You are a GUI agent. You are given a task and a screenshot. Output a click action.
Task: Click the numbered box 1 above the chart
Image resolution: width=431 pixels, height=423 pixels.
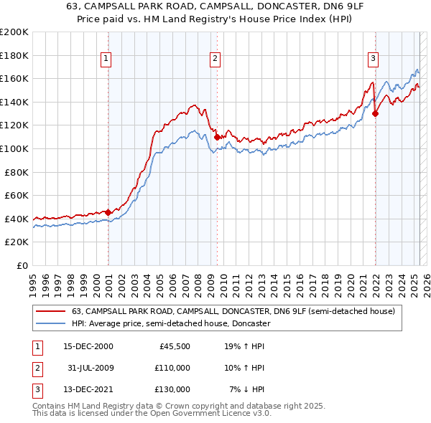(106, 59)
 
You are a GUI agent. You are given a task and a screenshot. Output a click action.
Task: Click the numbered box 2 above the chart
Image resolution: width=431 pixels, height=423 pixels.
(215, 59)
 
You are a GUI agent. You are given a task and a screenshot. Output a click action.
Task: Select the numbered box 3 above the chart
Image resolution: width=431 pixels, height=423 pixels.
(374, 59)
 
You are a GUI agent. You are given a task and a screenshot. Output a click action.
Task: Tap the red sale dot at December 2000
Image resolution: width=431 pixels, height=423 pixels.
(108, 212)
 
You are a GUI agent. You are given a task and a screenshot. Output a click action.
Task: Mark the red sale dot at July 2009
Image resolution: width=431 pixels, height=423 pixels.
(217, 136)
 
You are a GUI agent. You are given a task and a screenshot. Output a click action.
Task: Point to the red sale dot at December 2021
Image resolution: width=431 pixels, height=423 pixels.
(375, 113)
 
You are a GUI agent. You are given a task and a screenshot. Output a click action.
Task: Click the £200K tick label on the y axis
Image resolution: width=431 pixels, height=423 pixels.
(14, 32)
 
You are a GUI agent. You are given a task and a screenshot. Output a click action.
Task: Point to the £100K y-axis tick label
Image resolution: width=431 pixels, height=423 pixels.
(14, 148)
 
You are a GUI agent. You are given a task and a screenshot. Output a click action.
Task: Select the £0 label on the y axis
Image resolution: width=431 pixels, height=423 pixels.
(22, 265)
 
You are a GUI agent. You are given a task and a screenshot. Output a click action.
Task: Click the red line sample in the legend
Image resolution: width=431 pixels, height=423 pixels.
(50, 312)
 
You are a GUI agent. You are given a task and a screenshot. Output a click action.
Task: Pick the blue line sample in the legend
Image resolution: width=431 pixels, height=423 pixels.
(50, 323)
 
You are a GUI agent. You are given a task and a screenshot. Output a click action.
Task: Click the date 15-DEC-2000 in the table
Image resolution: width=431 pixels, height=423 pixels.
(88, 346)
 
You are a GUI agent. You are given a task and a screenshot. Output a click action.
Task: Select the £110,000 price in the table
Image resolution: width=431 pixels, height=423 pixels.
(173, 368)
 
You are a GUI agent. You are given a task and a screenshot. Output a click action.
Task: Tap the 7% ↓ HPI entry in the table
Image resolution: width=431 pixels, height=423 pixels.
(247, 389)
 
